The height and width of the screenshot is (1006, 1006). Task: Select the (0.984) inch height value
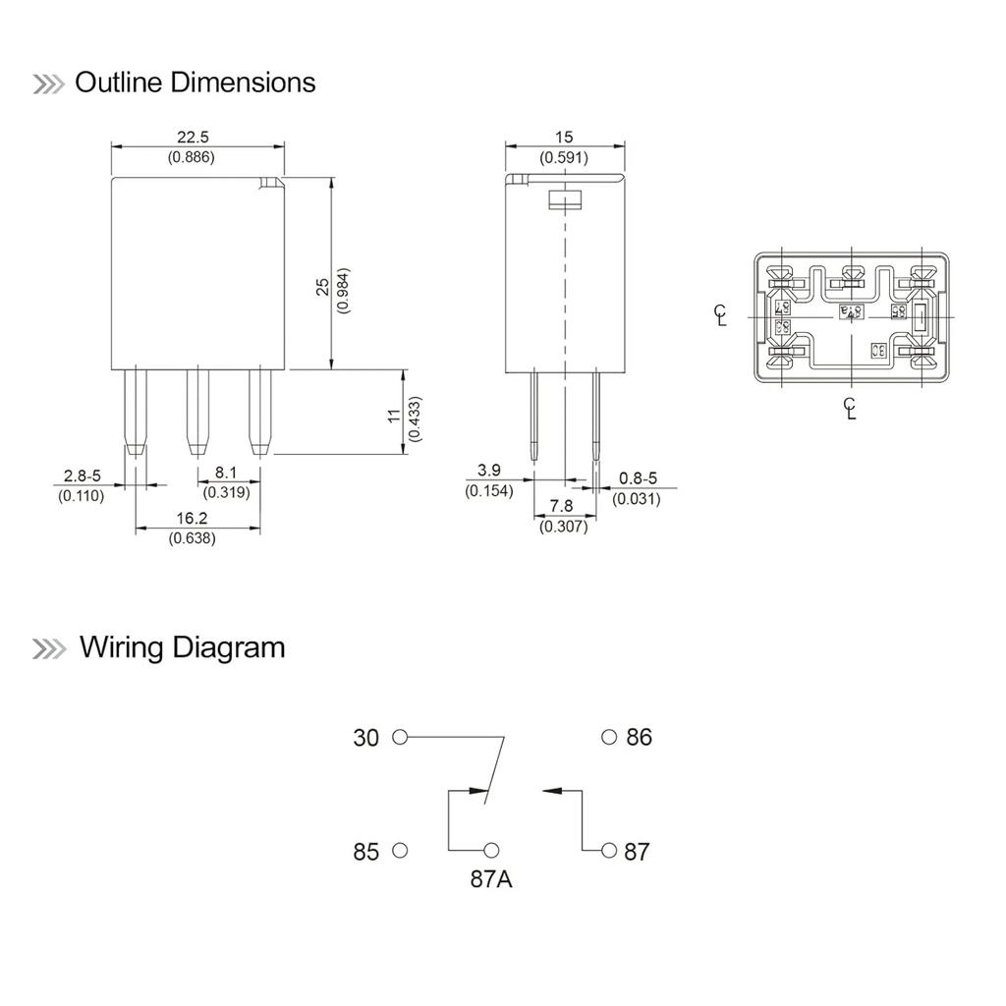(343, 290)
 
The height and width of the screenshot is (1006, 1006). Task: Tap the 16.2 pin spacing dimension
(193, 518)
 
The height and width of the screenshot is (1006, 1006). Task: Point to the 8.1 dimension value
(227, 473)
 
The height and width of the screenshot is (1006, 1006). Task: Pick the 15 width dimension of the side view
(563, 138)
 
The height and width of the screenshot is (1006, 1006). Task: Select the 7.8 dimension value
(563, 506)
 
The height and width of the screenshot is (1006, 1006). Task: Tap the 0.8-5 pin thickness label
(637, 478)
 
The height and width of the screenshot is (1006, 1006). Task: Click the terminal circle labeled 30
(399, 737)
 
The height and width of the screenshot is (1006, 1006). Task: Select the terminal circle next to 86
(609, 737)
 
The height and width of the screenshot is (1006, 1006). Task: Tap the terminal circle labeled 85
(399, 850)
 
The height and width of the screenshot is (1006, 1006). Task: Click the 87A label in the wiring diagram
(490, 879)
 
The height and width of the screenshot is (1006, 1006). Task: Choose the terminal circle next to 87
(609, 850)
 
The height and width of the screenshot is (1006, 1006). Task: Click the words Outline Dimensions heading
(195, 83)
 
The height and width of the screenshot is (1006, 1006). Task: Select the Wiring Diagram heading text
(182, 647)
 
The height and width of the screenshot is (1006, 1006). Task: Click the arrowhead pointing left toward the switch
(549, 789)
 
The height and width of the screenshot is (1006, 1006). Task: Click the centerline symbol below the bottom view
(851, 408)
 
